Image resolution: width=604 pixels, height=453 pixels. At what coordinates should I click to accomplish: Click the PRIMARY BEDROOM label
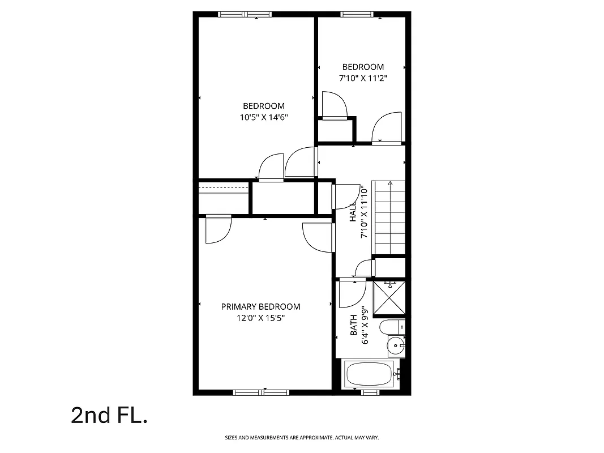pyautogui.click(x=260, y=307)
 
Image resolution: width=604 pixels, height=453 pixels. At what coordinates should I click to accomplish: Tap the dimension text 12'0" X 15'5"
pyautogui.click(x=260, y=318)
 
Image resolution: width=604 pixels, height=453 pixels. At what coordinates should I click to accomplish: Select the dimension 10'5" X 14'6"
pyautogui.click(x=264, y=118)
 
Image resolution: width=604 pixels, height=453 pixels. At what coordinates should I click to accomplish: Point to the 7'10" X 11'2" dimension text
pyautogui.click(x=363, y=79)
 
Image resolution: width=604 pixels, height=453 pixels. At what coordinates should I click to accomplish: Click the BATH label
pyautogui.click(x=354, y=325)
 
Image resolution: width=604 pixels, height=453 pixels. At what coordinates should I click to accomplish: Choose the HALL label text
pyautogui.click(x=353, y=212)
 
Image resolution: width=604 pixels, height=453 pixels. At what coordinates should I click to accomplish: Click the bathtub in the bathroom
pyautogui.click(x=369, y=375)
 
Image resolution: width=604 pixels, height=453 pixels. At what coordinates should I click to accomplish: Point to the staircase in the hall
pyautogui.click(x=389, y=218)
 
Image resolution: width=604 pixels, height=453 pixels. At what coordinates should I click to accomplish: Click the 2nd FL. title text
pyautogui.click(x=109, y=415)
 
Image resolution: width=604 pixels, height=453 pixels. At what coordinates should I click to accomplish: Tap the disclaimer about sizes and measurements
pyautogui.click(x=302, y=438)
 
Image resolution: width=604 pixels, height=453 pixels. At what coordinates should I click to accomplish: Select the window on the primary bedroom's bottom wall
pyautogui.click(x=261, y=392)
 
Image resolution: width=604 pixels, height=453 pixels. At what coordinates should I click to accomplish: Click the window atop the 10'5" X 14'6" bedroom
pyautogui.click(x=245, y=15)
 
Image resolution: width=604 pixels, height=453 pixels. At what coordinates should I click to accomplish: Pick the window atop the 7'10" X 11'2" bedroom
pyautogui.click(x=360, y=15)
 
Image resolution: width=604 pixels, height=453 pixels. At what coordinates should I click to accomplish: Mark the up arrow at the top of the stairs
pyautogui.click(x=390, y=183)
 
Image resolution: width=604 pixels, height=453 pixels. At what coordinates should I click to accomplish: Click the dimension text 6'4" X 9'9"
pyautogui.click(x=366, y=325)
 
